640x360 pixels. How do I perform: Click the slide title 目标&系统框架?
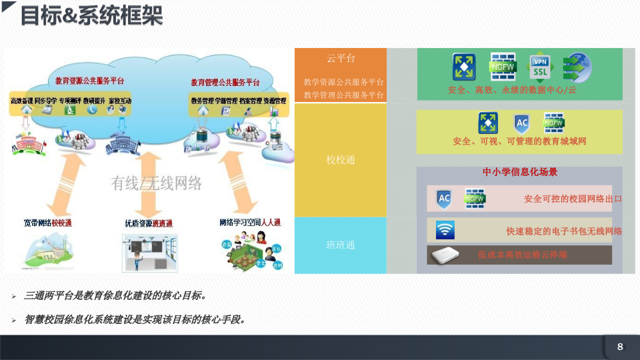tap(92, 16)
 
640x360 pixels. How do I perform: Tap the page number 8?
tap(620, 346)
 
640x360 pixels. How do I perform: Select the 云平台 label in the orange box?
tap(340, 59)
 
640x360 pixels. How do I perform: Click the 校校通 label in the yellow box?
tap(340, 160)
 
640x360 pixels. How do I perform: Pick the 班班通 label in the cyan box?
tap(340, 245)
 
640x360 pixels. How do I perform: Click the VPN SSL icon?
tap(539, 67)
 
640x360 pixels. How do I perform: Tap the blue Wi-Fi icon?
tap(445, 230)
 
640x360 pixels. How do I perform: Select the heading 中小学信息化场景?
tap(520, 172)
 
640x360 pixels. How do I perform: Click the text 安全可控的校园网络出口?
tap(573, 199)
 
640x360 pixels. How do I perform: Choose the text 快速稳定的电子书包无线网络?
tap(563, 231)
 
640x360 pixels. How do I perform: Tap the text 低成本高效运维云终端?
tap(522, 255)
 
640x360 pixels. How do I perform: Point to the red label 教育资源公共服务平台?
tap(89, 81)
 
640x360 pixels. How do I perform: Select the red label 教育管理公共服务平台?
tap(225, 83)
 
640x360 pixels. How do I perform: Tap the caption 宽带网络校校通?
tap(47, 223)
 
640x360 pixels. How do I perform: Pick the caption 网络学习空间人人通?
tap(250, 222)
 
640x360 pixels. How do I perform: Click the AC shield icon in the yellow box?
tap(522, 123)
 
